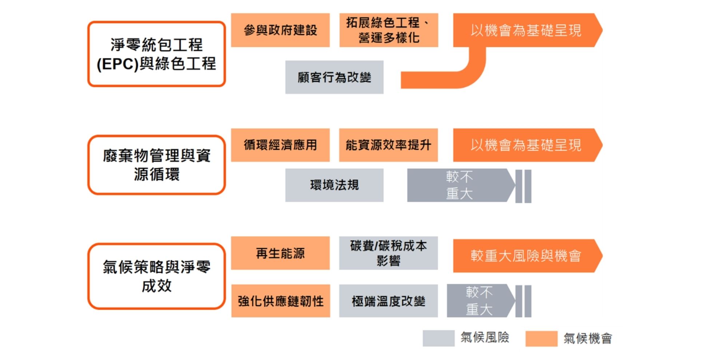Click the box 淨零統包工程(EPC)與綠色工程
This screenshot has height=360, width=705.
[x=156, y=54]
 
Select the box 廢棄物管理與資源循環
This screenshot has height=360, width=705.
[x=156, y=165]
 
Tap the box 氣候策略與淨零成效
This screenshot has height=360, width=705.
[x=156, y=276]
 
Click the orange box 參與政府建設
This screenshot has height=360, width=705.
[x=280, y=30]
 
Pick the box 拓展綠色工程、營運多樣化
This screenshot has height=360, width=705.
[x=389, y=30]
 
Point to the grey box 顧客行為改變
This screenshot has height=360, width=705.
[x=334, y=77]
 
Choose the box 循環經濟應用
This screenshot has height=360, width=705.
[x=280, y=145]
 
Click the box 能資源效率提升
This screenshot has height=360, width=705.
[x=388, y=145]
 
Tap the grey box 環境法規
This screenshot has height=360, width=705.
[x=334, y=185]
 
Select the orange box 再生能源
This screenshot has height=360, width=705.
[x=280, y=253]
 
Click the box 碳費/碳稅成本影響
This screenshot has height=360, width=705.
[x=388, y=253]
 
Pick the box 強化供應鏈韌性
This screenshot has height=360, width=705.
[x=280, y=301]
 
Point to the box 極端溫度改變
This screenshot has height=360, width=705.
[x=388, y=301]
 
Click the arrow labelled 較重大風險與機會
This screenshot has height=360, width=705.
[x=526, y=256]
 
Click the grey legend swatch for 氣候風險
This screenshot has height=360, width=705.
[x=438, y=338]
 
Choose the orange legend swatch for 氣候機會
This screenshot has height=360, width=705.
[x=541, y=339]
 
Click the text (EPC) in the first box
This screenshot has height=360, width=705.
[x=117, y=64]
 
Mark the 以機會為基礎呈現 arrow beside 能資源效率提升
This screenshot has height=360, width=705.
[x=526, y=145]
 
